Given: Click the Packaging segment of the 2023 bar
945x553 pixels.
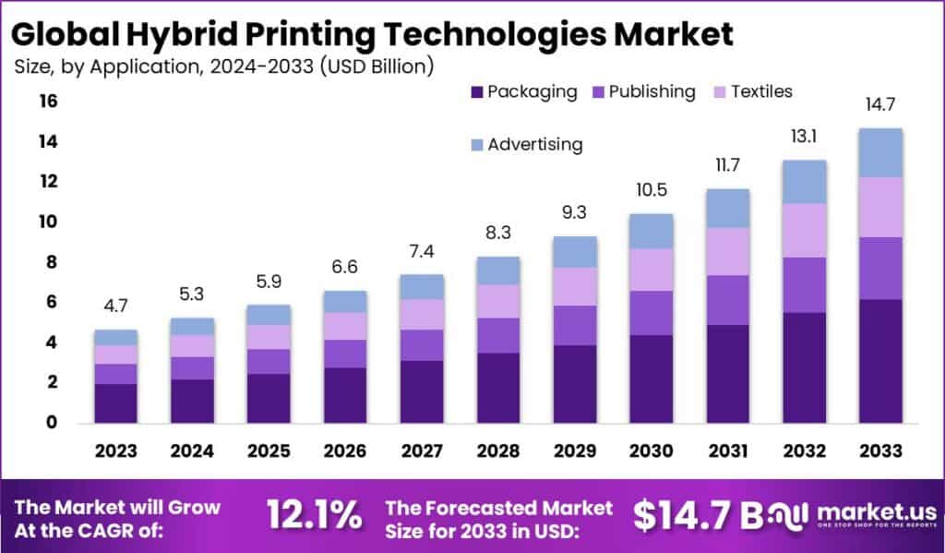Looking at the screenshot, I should [115, 403].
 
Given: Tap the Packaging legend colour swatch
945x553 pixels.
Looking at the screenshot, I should [476, 92].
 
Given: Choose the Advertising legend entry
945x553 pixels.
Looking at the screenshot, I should [535, 144].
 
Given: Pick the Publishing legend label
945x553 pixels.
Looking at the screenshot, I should [652, 91].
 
